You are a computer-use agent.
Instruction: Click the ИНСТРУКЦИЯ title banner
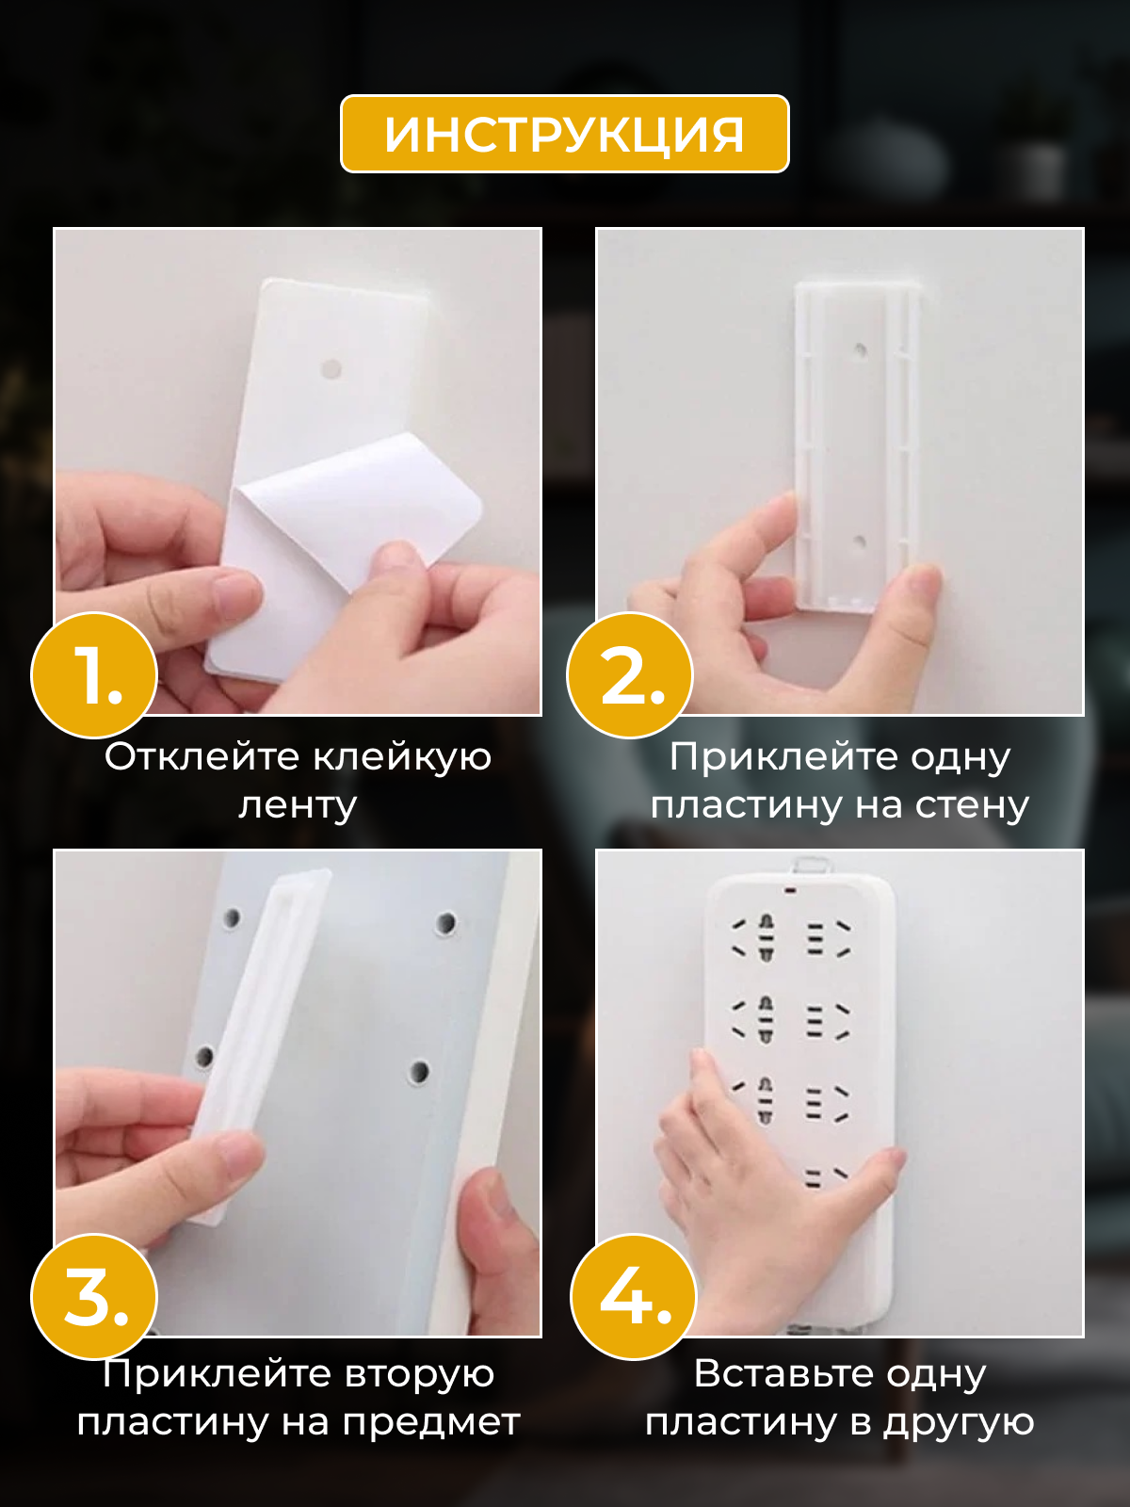[565, 133]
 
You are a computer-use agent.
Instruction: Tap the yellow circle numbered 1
[95, 675]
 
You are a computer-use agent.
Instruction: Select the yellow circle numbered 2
[630, 675]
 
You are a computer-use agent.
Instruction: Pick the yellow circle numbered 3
[95, 1296]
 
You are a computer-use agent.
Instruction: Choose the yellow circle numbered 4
[634, 1296]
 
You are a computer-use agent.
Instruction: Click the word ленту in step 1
[298, 804]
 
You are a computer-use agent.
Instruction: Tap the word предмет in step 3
[431, 1422]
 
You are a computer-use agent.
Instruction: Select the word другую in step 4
[959, 1422]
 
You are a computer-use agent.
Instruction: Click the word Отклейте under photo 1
[202, 756]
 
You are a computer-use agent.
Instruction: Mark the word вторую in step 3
[419, 1374]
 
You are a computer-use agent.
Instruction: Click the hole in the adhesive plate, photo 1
[332, 369]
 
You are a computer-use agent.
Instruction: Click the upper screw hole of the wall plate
[860, 350]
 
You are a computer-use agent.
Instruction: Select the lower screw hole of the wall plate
[859, 542]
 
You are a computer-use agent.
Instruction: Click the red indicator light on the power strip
[790, 891]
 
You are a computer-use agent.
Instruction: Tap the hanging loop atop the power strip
[811, 866]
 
